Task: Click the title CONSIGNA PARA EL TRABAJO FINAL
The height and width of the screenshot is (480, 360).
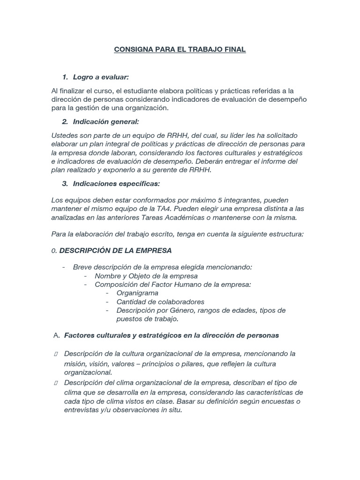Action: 180,49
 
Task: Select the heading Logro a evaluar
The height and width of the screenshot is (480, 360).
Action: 100,77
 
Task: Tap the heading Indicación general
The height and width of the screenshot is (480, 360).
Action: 106,122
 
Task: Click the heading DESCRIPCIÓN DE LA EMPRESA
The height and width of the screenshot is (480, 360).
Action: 115,250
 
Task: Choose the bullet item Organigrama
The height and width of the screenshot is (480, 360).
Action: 137,293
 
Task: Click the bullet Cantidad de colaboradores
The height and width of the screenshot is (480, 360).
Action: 160,301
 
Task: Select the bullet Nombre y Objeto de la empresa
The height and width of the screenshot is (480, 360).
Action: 146,276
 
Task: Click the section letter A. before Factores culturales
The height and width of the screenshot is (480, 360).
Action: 56,336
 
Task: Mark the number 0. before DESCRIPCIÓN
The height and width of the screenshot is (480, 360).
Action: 54,251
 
